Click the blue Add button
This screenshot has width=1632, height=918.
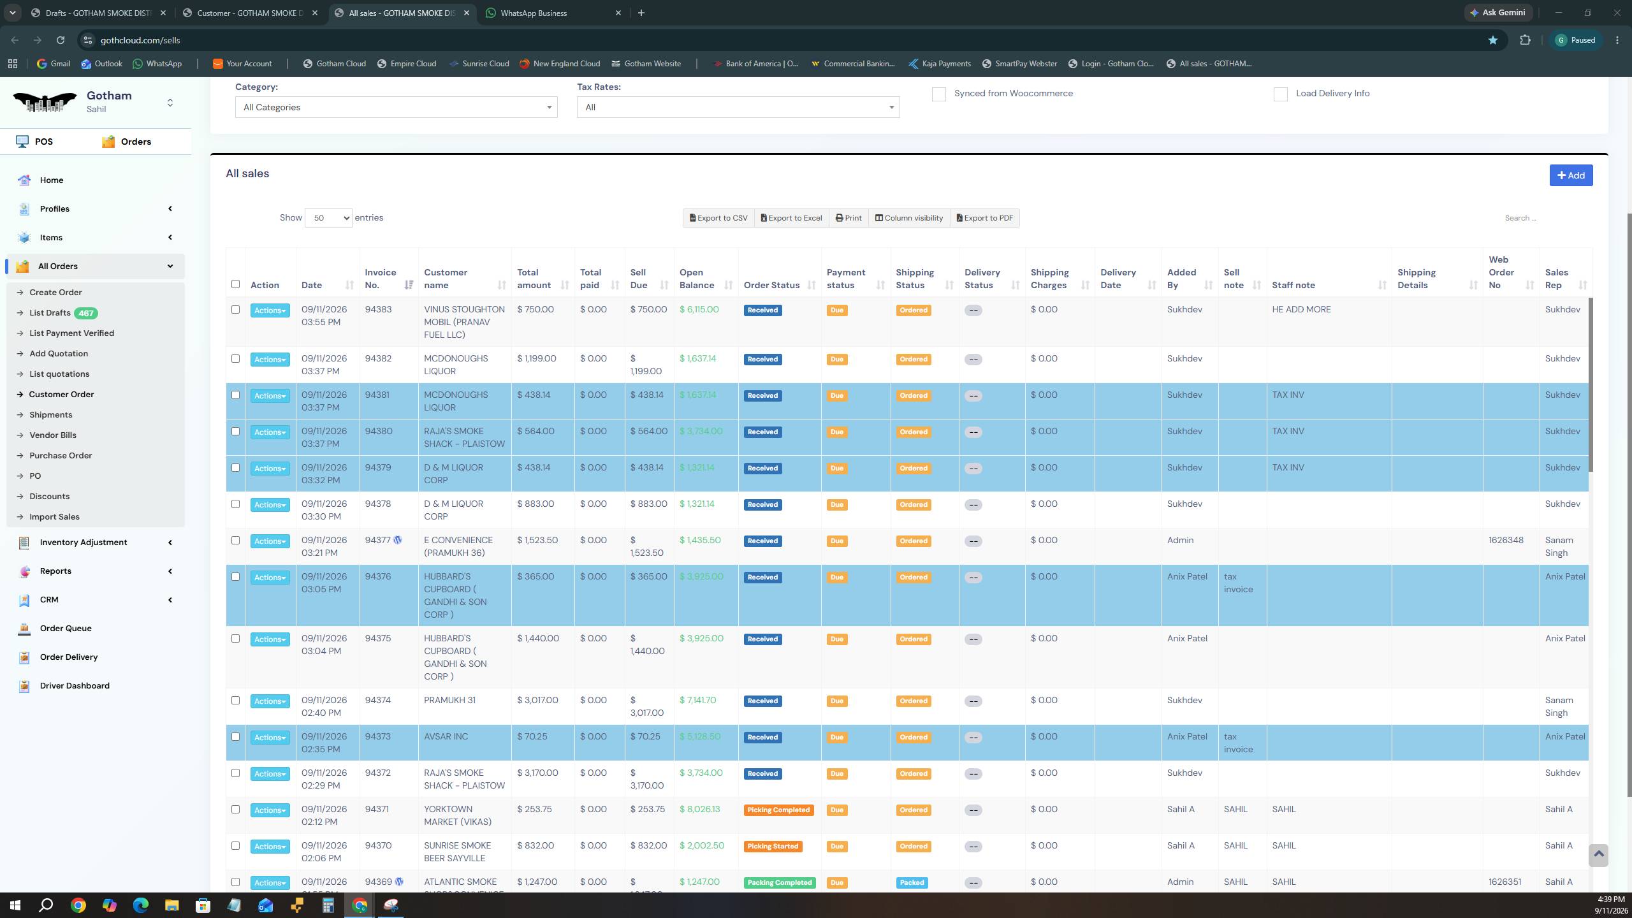(1571, 175)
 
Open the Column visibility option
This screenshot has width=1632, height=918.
(908, 218)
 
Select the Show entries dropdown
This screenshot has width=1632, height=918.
(328, 218)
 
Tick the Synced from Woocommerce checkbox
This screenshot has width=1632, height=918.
(938, 94)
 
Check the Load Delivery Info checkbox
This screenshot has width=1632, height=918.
(1280, 94)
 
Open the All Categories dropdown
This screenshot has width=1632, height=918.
(396, 107)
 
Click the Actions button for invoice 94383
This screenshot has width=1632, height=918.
(270, 310)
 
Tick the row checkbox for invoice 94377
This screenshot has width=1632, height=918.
(235, 541)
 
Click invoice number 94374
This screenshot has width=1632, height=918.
(378, 700)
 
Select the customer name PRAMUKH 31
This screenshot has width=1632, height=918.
(449, 700)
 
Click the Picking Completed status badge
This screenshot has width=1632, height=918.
(778, 810)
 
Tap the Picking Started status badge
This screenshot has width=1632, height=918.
(773, 847)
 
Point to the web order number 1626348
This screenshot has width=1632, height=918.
(1506, 541)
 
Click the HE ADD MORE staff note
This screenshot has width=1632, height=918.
(1301, 310)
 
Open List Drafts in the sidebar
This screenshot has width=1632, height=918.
(50, 313)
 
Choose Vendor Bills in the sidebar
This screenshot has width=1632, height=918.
(53, 435)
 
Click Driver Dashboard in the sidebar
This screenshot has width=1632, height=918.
(75, 686)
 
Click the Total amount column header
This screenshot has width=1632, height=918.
(534, 279)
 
